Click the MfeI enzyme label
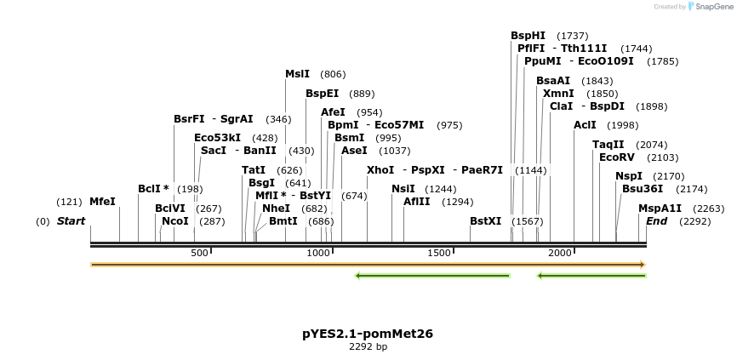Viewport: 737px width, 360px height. (x=102, y=202)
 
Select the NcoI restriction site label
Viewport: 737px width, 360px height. (x=175, y=221)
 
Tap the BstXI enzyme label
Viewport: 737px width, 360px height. (x=486, y=221)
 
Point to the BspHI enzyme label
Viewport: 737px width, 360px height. (x=528, y=36)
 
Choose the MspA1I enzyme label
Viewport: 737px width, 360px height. (x=660, y=209)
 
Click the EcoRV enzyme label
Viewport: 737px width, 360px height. (x=617, y=157)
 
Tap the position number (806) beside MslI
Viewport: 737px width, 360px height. (x=333, y=74)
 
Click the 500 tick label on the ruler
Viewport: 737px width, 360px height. (x=199, y=254)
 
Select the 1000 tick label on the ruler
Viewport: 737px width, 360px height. (x=319, y=254)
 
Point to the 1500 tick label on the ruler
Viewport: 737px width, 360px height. (x=439, y=254)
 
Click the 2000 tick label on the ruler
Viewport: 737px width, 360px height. (x=560, y=254)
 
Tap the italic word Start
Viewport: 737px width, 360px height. (x=71, y=221)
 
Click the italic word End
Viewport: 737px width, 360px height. (x=656, y=221)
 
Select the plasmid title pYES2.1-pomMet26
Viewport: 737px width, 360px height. (x=368, y=334)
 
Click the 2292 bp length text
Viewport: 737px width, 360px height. (x=368, y=347)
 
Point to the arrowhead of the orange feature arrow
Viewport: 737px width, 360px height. (x=643, y=265)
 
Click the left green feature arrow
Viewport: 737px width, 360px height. (x=431, y=275)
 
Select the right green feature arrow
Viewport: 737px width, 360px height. (x=591, y=275)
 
